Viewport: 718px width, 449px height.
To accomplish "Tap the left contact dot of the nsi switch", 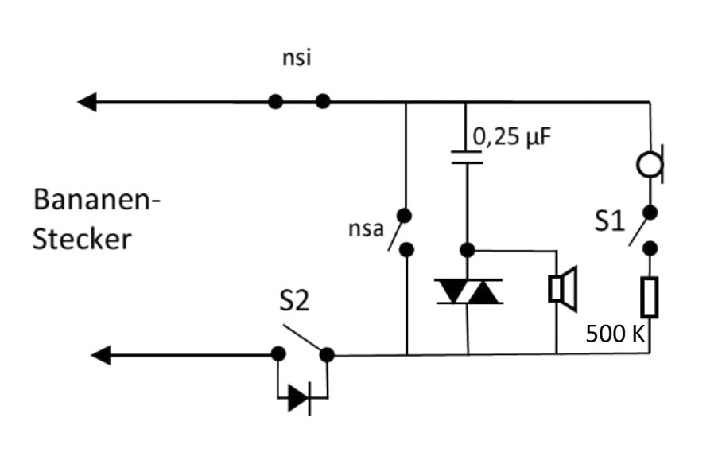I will pos(275,102).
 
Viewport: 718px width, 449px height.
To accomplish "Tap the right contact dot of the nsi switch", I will pos(323,102).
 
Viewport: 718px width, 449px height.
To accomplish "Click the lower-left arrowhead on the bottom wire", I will pos(101,354).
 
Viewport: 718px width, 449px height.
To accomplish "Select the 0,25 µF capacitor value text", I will pos(512,136).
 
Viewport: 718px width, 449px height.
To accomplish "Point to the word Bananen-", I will pos(96,199).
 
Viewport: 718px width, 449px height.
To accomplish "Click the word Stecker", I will pos(81,239).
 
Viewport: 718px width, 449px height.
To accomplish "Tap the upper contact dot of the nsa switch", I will pos(406,215).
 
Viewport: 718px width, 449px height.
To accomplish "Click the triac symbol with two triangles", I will pos(468,292).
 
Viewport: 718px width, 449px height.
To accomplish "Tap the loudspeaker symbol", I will pos(563,288).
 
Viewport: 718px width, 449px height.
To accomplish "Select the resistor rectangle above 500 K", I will pos(650,297).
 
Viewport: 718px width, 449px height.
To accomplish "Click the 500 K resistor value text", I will pos(615,334).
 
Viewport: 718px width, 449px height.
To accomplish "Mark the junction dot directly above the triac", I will pos(468,250).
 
